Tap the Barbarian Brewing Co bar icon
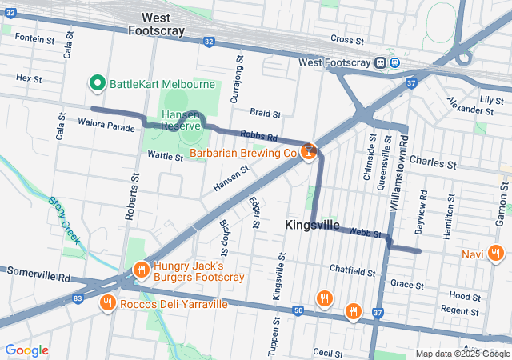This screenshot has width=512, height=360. pyautogui.click(x=310, y=152)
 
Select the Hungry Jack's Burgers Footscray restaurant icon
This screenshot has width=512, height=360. pyautogui.click(x=141, y=270)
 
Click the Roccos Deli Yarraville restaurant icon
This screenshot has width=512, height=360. pyautogui.click(x=106, y=303)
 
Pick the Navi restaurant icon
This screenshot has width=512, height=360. pyautogui.click(x=495, y=254)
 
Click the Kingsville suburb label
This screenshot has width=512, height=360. pyautogui.click(x=312, y=226)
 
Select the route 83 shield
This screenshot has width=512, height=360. pyautogui.click(x=77, y=298)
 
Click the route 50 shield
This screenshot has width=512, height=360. pyautogui.click(x=298, y=310)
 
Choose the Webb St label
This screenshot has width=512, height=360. pyautogui.click(x=366, y=233)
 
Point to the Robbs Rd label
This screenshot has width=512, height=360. pyautogui.click(x=258, y=137)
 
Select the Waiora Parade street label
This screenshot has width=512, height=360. pyautogui.click(x=106, y=126)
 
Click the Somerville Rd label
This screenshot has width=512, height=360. pyautogui.click(x=38, y=273)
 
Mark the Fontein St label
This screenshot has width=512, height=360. pyautogui.click(x=34, y=38)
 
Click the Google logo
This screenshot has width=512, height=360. pyautogui.click(x=27, y=350)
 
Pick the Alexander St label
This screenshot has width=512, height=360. pyautogui.click(x=466, y=105)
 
